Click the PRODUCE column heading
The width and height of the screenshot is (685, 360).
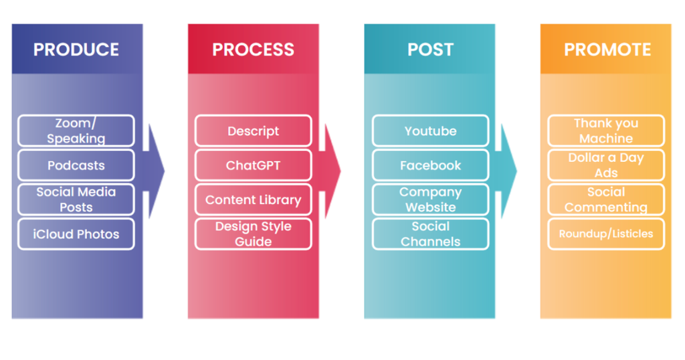[x=76, y=50]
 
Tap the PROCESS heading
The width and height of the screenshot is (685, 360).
[x=253, y=50]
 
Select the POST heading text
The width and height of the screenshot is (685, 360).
[x=430, y=50]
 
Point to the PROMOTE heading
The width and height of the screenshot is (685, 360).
[x=607, y=50]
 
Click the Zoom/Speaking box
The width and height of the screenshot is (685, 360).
[x=76, y=130]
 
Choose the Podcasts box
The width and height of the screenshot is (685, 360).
[x=76, y=165]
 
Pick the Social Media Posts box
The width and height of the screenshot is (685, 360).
[x=76, y=199]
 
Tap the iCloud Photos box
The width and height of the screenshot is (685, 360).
[x=76, y=234]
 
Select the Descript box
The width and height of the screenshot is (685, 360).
[x=254, y=130]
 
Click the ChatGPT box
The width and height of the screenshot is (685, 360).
[x=254, y=165]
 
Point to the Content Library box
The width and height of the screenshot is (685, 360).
[x=254, y=199]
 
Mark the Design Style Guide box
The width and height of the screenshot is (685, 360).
[x=254, y=234]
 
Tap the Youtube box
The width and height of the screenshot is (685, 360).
[x=430, y=130]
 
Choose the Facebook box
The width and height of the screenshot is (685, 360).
[x=430, y=165]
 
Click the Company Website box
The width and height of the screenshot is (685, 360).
[x=430, y=199]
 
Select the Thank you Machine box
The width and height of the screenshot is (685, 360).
[x=606, y=130]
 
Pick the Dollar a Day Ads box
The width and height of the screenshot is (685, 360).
[x=606, y=165]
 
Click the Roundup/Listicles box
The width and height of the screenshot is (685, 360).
[x=606, y=234]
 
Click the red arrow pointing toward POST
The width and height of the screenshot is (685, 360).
[x=330, y=171]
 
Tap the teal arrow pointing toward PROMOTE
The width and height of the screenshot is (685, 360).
[x=507, y=171]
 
